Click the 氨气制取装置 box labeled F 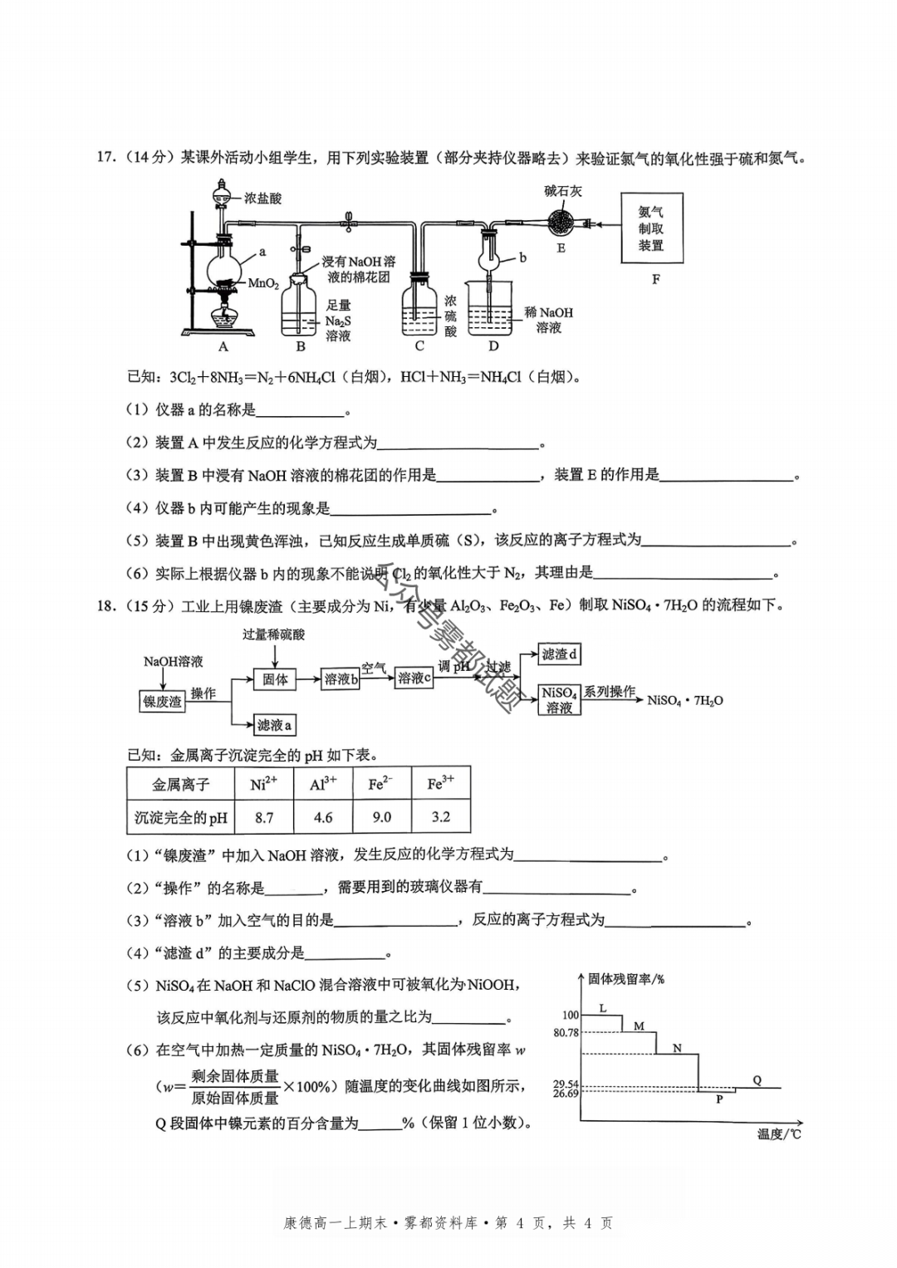652,228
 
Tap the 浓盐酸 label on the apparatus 262,198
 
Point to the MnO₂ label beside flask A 263,284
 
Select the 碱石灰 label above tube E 563,191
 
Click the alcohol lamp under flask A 223,317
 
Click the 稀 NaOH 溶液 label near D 549,320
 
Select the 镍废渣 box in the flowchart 162,702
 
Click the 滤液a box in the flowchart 273,725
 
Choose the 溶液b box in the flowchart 341,678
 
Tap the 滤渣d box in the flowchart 559,654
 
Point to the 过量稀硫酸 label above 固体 274,634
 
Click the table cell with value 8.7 264,817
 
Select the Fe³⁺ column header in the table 440,784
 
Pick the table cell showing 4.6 323,817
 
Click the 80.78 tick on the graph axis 566,1033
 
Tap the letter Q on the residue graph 757,1080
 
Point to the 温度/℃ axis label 778,1133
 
